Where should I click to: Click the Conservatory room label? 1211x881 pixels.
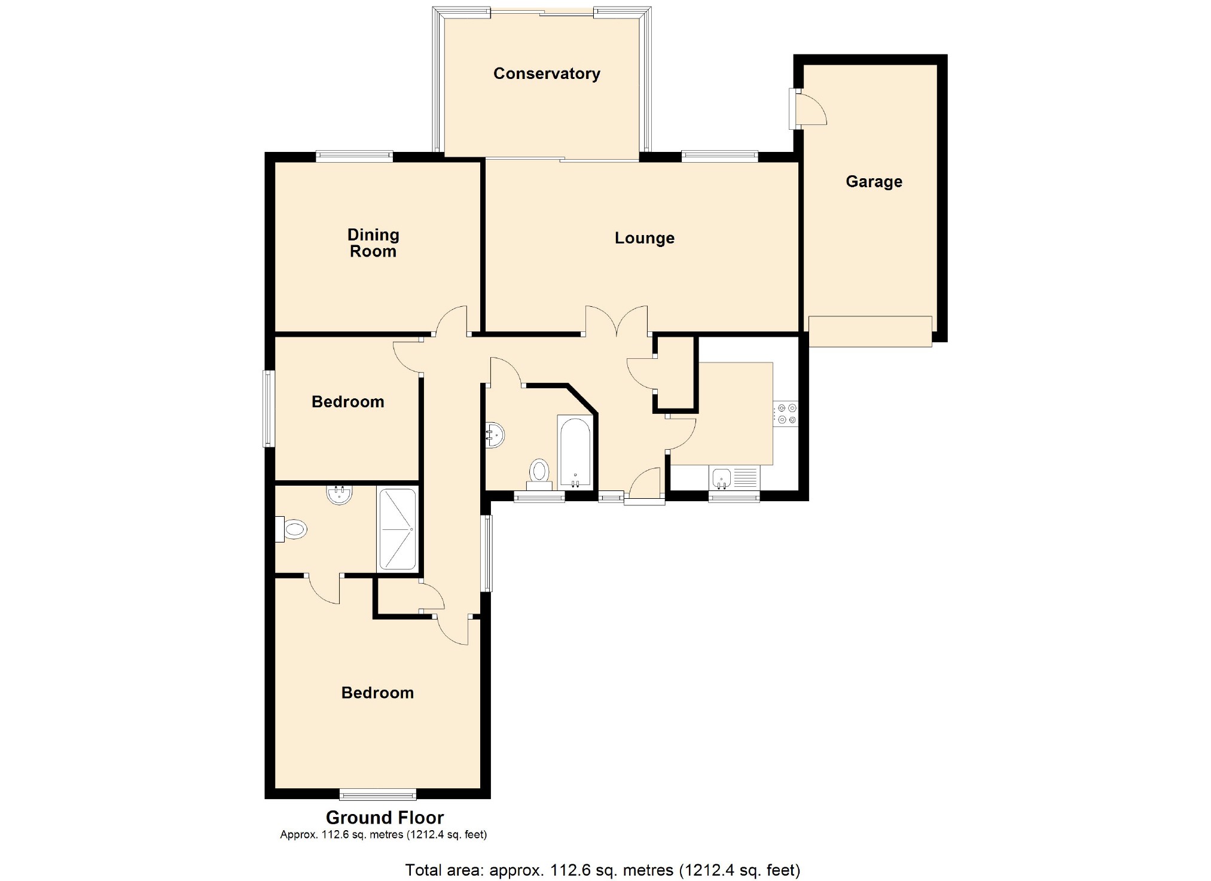coord(546,74)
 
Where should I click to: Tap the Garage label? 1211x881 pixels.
coord(873,182)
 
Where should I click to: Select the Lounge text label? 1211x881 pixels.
coord(644,238)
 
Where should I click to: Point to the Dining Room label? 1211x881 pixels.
coord(373,243)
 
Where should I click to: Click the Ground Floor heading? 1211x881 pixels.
coord(385,817)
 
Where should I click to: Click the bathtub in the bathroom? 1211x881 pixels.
coord(575,450)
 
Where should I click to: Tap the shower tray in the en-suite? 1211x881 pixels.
coord(397,529)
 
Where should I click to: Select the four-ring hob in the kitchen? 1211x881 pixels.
coord(786,414)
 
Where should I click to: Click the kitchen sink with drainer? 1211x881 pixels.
coord(734,478)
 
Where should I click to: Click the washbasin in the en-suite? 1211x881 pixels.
coord(339,495)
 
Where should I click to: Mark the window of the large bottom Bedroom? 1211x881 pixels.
coord(377,794)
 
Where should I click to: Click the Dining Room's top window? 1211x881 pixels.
coord(354,157)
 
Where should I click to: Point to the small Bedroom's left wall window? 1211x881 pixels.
coord(269,409)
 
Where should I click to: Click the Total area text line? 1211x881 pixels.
coord(602,870)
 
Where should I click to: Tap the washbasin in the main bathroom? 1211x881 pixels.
coord(495,434)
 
